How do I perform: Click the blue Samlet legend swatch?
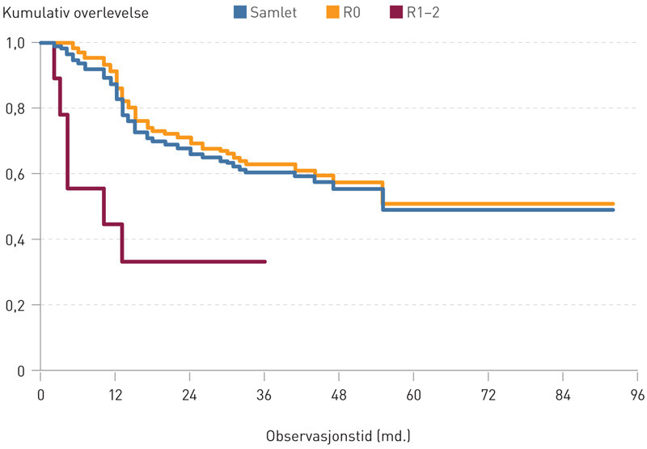[239, 12]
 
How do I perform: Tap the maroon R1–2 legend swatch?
[397, 12]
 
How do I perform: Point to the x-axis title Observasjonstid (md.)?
[339, 436]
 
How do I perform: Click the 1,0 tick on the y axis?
[15, 43]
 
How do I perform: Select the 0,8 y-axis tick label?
[15, 108]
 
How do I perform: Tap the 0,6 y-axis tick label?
[15, 174]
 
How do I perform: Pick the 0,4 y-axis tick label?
[15, 239]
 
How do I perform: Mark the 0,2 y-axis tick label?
[15, 305]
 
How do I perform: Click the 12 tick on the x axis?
[115, 394]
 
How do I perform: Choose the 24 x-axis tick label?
[189, 394]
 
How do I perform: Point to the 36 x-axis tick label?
[264, 394]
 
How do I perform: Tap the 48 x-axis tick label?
[339, 394]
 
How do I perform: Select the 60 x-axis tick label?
[413, 394]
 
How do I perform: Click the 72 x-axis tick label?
[488, 394]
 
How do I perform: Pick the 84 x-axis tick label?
[563, 394]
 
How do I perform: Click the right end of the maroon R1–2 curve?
[264, 261]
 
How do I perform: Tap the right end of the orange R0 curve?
[613, 204]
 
